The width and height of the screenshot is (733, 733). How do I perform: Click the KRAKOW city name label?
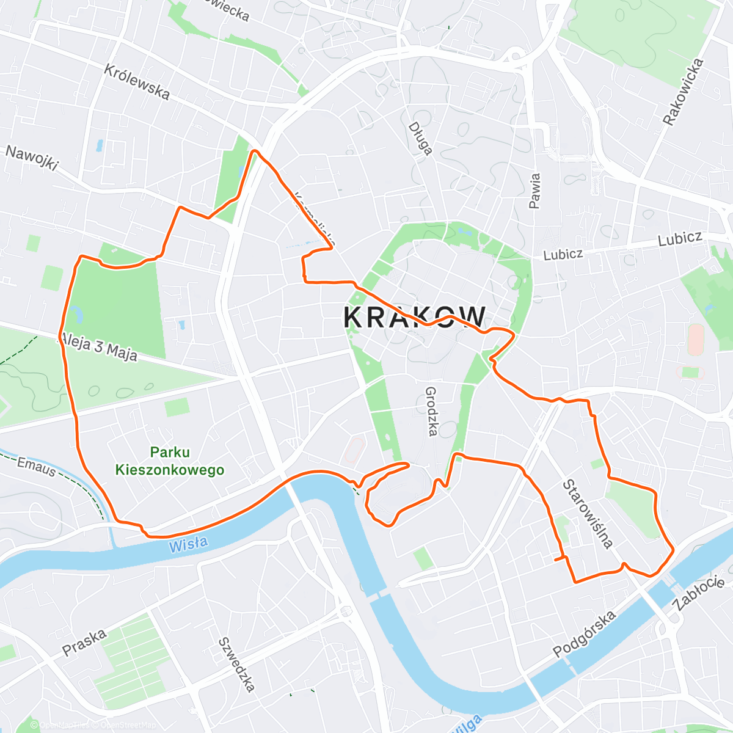(415, 317)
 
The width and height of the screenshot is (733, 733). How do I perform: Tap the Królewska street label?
(136, 81)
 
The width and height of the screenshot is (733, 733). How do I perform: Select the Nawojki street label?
(32, 158)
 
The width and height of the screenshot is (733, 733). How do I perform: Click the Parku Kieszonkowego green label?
(170, 461)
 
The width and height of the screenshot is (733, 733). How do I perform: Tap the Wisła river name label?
(188, 544)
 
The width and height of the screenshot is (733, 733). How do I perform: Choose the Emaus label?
(36, 467)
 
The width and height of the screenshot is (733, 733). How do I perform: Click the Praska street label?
(84, 642)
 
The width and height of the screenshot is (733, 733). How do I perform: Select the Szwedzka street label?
(236, 665)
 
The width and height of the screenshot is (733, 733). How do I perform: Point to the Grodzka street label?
(431, 411)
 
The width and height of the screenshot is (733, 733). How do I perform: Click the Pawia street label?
(535, 191)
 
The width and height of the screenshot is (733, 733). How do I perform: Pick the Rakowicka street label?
(684, 92)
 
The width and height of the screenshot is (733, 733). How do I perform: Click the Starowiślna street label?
(587, 514)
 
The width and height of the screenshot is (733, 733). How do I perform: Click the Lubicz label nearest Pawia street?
(563, 254)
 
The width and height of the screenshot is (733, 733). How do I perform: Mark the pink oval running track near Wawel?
(353, 450)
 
